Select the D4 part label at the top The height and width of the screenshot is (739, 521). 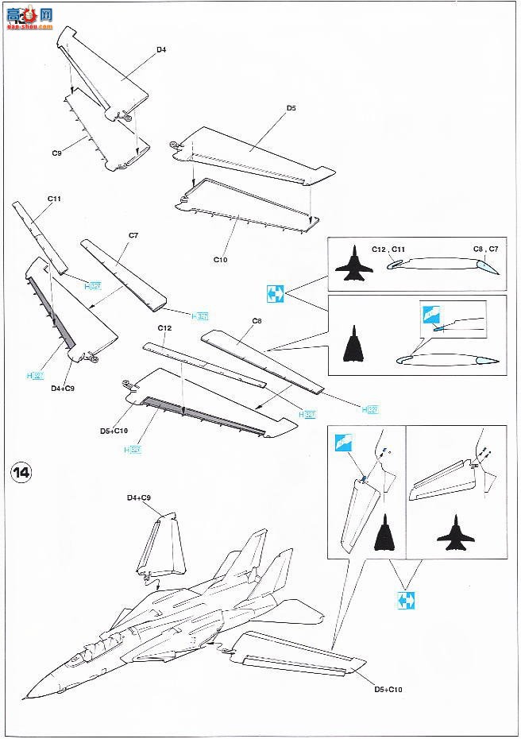(x=160, y=49)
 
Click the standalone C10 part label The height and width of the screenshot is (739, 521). (x=220, y=259)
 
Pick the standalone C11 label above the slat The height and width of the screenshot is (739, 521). (x=54, y=199)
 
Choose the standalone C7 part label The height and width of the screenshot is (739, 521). (x=133, y=235)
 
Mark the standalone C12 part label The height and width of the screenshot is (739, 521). (x=164, y=328)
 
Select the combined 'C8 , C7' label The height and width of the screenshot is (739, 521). (x=485, y=250)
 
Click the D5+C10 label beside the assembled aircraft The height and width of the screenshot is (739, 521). (x=388, y=690)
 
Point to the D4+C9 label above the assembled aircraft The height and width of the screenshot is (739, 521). (x=139, y=497)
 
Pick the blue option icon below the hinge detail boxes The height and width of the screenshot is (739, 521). (x=405, y=599)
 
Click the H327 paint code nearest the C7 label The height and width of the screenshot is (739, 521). (x=200, y=316)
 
